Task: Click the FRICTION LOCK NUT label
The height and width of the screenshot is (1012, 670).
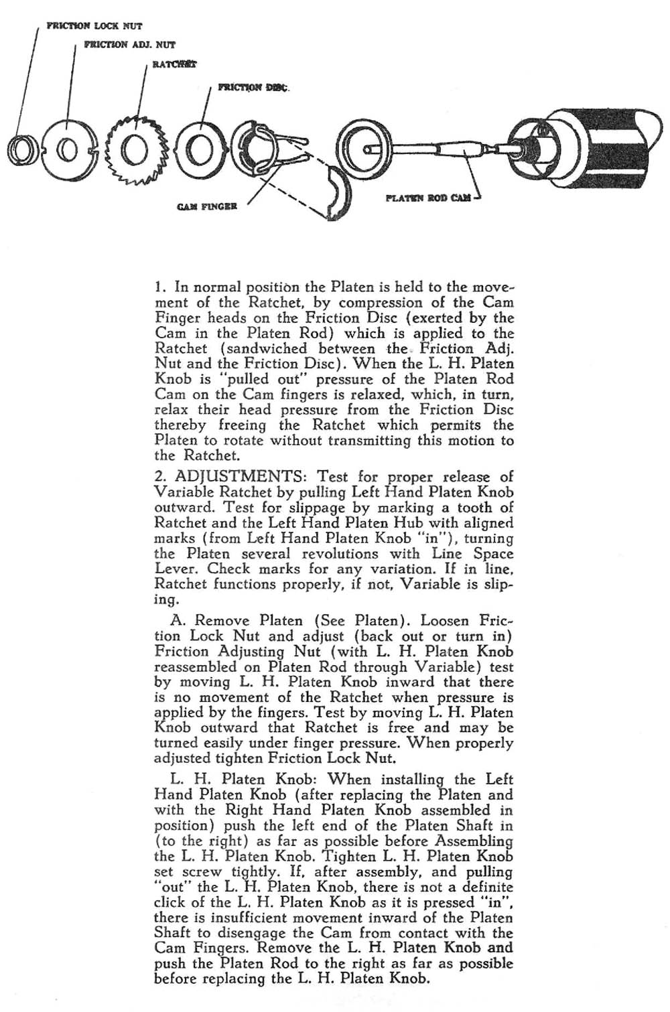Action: tap(94, 26)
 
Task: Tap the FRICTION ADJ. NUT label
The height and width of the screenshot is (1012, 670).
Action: tap(129, 45)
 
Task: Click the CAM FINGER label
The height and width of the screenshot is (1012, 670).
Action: tap(207, 206)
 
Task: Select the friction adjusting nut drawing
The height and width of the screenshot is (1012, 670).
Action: tap(68, 149)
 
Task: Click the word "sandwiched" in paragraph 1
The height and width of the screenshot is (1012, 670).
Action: tap(268, 348)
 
